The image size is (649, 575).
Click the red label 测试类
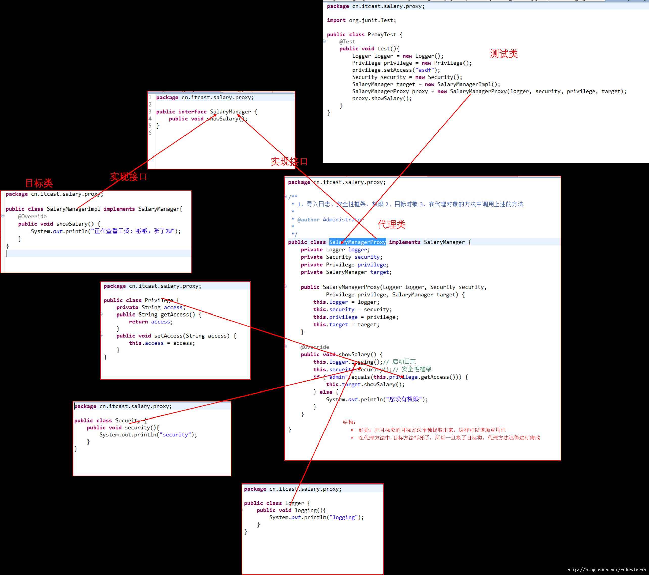[504, 54]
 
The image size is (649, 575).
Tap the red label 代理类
[391, 225]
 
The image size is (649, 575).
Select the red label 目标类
[39, 183]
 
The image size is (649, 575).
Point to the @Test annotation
[347, 42]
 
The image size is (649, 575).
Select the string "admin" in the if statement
[337, 377]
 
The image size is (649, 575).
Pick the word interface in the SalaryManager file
[192, 112]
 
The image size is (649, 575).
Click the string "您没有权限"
[404, 399]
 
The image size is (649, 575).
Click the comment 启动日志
[404, 361]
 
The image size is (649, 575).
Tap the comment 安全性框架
[416, 369]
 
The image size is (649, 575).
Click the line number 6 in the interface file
[150, 133]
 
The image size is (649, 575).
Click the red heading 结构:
[349, 422]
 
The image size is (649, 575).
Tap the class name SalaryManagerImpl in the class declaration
[73, 209]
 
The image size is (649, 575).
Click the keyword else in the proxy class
[326, 392]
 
